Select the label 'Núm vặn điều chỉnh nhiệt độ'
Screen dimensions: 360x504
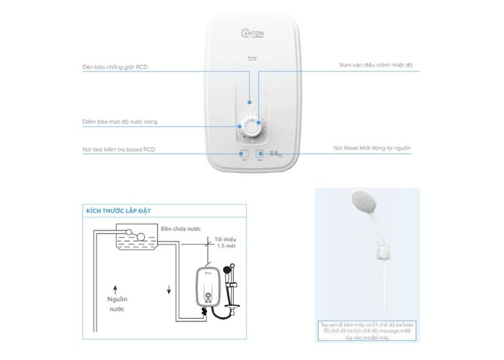pos(376,65)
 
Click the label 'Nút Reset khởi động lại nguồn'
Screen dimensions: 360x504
pos(372,149)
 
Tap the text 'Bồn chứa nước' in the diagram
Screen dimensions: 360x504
pos(181,229)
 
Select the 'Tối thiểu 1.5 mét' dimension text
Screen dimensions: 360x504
pos(226,243)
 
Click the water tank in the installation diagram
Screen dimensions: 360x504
pos(135,239)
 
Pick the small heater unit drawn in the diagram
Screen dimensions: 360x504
pos(207,289)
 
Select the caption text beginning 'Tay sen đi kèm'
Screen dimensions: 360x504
pos(367,331)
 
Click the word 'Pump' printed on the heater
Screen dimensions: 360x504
pos(252,77)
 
